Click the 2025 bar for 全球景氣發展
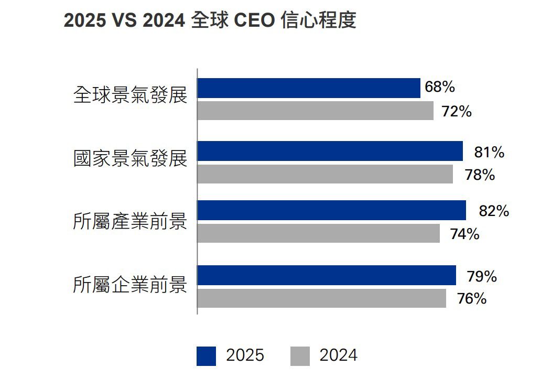point(309,88)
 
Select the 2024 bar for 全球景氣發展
point(315,111)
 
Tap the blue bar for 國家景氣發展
point(330,151)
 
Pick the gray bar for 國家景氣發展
point(325,174)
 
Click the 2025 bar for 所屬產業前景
point(331,210)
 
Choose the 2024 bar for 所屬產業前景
point(318,233)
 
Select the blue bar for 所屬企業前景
point(327,275)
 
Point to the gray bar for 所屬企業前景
point(321,298)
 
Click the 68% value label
point(439,87)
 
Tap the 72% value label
point(457,112)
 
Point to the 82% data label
point(494,211)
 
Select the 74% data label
point(464,234)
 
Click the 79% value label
point(481,276)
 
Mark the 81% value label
point(489,153)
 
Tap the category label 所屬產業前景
point(130,221)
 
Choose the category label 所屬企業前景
point(130,286)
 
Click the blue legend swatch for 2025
point(206,356)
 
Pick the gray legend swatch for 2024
point(300,356)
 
